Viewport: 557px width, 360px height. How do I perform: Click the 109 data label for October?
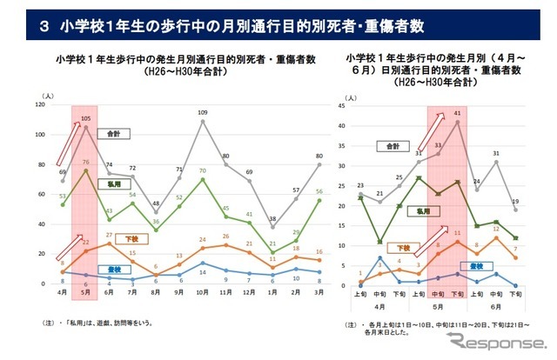(x=203, y=113)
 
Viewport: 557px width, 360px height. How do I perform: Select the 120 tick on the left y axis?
(x=38, y=104)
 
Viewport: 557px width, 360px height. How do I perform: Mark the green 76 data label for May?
(x=86, y=162)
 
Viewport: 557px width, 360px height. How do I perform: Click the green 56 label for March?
(x=319, y=192)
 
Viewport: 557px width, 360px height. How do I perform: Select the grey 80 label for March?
(x=319, y=157)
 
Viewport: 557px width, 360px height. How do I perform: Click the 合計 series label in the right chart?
(x=397, y=144)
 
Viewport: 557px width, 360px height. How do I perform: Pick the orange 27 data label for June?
(x=109, y=235)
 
